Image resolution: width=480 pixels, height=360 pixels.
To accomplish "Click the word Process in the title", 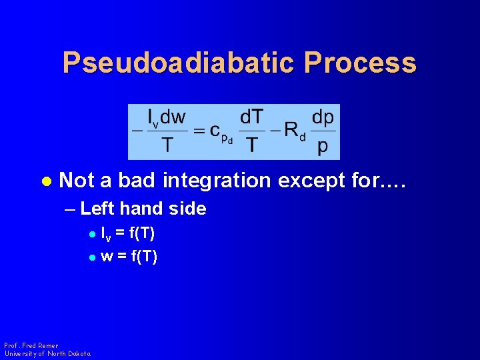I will coord(361,63).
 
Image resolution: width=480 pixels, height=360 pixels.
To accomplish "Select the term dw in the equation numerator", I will coord(174,117).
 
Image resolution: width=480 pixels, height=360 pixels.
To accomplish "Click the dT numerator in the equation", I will coord(251,117).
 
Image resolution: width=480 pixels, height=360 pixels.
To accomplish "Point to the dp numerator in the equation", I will coord(323,117).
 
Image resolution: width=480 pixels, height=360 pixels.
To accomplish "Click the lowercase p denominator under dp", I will coord(323,146).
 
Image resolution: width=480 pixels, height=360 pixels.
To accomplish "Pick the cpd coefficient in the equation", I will coord(221,132).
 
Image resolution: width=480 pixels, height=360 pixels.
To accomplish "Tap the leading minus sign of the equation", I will coord(137,131).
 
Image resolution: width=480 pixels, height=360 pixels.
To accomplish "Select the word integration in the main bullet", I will coord(217,180).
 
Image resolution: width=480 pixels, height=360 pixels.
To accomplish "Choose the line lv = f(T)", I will coord(128,234).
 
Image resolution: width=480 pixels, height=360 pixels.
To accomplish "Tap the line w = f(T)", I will coord(129,256).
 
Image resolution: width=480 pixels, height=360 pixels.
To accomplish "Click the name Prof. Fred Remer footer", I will coord(31,345).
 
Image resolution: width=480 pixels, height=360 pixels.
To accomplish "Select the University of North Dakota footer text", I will coord(47,353).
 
